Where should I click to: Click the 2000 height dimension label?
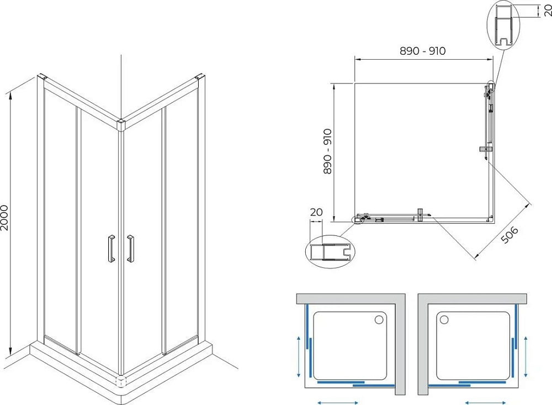(x=4, y=218)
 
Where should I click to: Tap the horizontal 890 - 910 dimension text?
(x=422, y=51)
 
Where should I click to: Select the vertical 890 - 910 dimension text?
(x=327, y=151)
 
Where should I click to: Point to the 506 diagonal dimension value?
(x=509, y=235)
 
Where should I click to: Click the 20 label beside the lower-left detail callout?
(x=316, y=212)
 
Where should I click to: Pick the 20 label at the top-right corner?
(x=548, y=10)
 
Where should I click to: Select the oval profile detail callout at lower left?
(x=330, y=251)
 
